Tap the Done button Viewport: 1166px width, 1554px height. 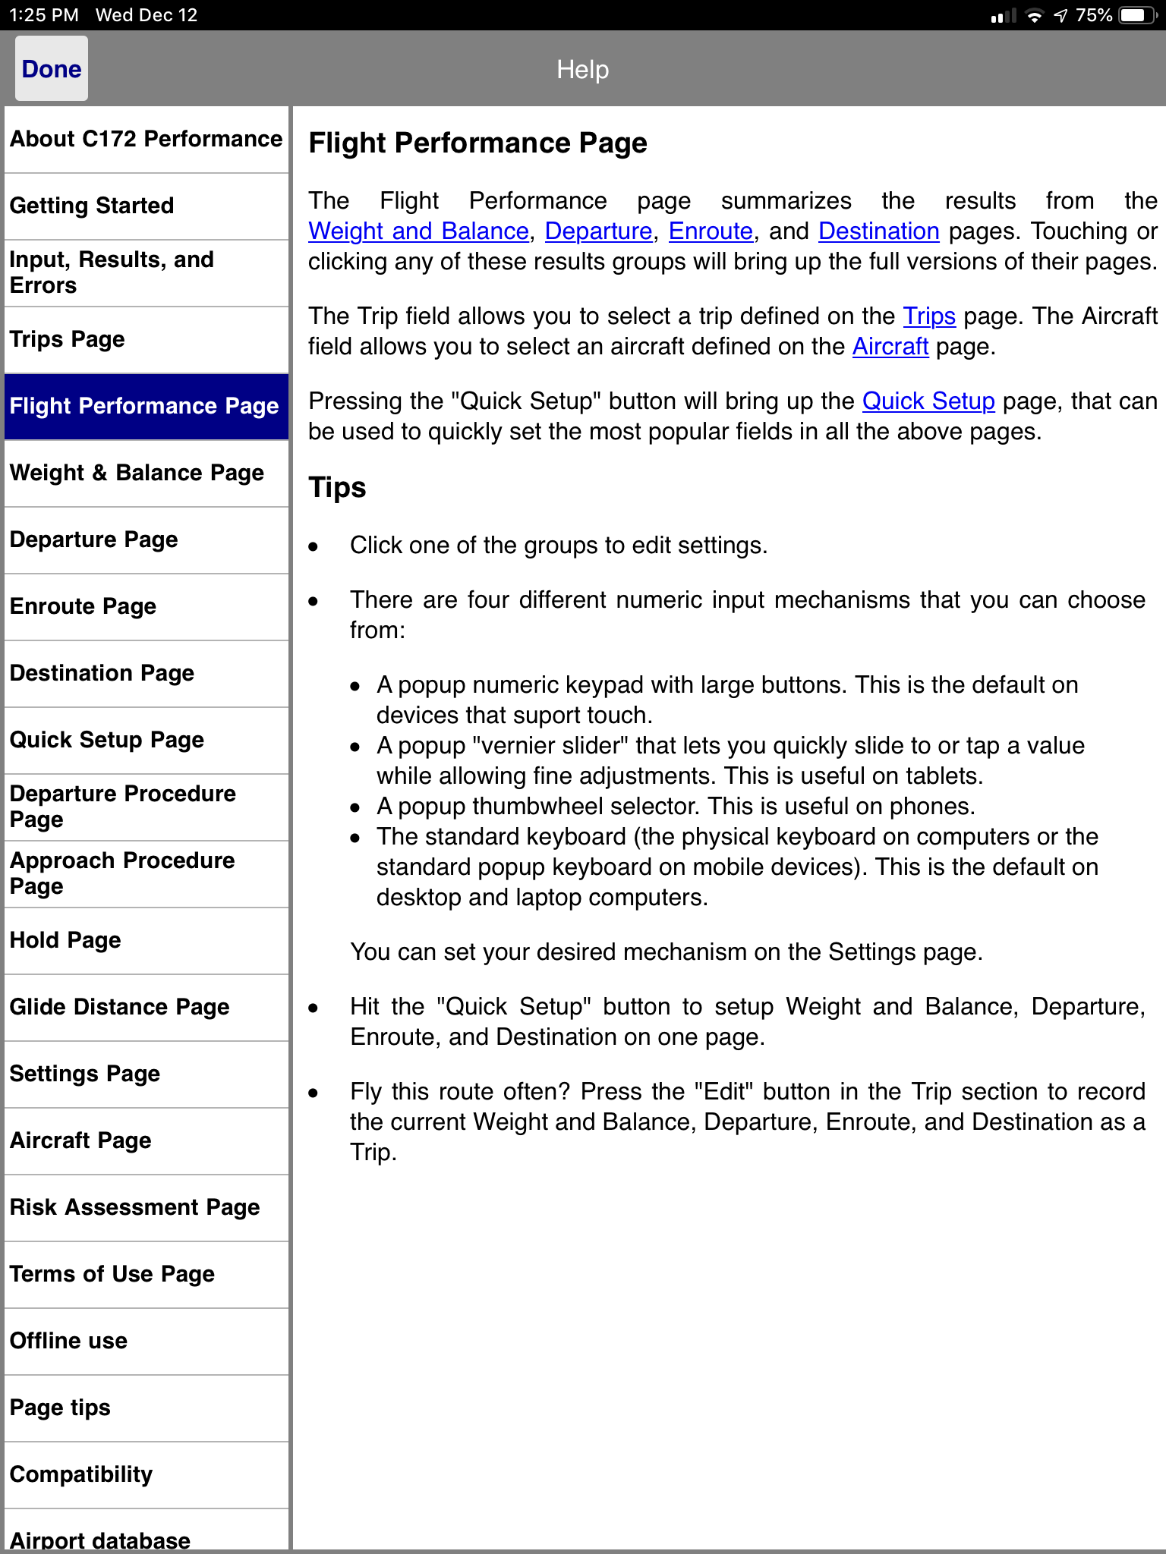52,69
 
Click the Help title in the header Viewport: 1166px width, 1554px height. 582,70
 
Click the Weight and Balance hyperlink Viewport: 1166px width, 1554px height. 418,231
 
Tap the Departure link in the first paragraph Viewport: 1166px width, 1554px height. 598,231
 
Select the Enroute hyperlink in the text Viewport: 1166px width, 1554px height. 711,231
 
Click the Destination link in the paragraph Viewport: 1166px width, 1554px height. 878,231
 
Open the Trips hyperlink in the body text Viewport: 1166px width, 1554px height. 928,316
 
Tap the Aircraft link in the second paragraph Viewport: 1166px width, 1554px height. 890,346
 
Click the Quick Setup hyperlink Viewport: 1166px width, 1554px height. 928,401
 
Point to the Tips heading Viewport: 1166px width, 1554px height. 338,487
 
